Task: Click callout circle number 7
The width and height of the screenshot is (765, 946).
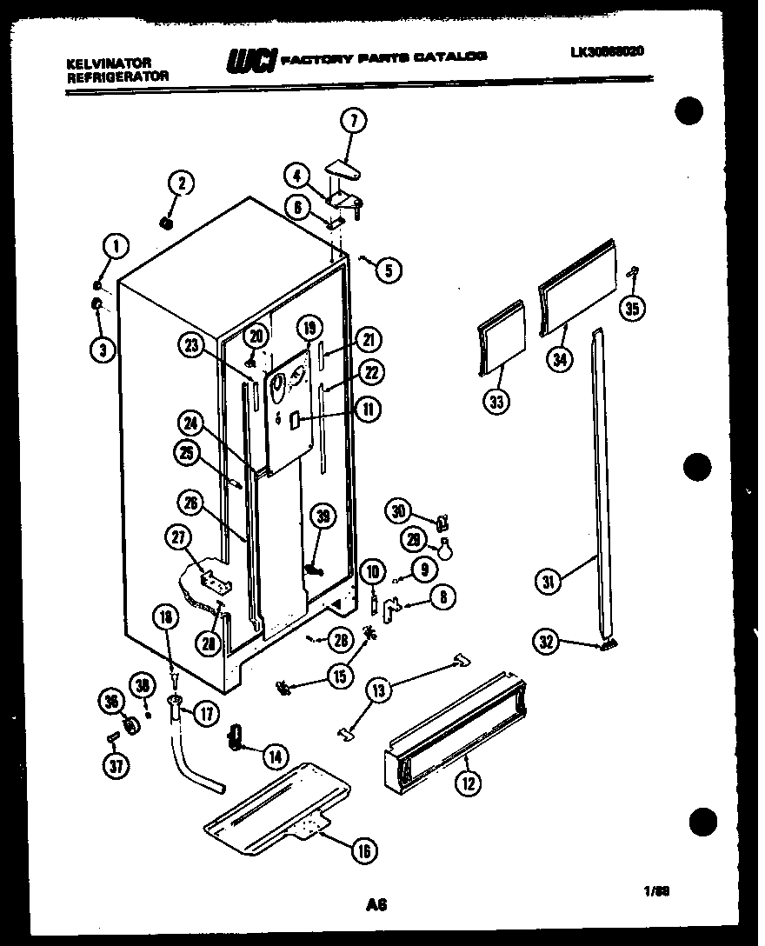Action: click(354, 122)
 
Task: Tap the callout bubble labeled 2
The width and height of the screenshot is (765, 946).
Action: click(181, 183)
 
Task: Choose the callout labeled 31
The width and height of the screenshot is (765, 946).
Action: click(549, 582)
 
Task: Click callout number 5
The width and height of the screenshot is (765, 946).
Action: click(388, 270)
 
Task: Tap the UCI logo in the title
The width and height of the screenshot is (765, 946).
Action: click(251, 60)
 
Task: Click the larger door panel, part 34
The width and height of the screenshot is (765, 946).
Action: click(578, 284)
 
